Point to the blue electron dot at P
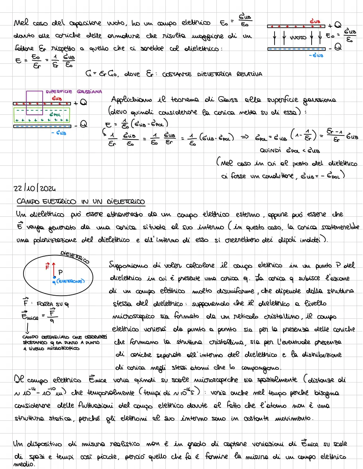[x=54, y=277]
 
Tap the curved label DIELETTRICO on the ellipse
[x=75, y=257]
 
